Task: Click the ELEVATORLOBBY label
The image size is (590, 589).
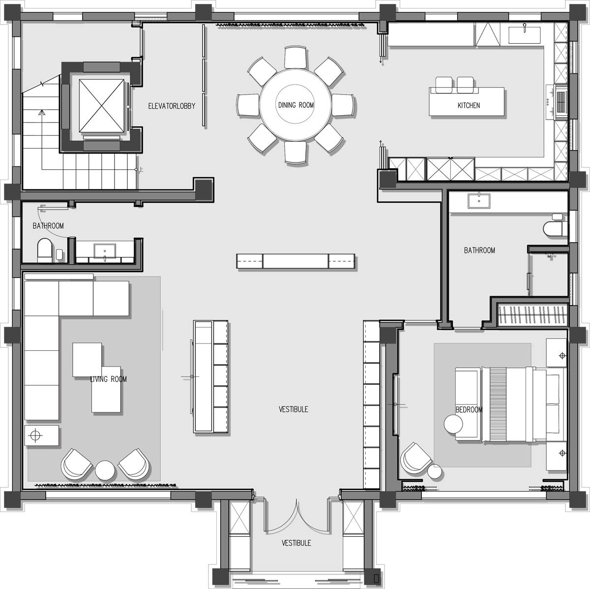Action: pos(172,106)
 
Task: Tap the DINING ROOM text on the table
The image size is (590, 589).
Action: pos(296,105)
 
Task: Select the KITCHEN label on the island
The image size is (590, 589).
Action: pos(469,105)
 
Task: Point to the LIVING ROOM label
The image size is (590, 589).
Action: pos(108,379)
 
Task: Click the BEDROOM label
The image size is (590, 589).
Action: pos(469,410)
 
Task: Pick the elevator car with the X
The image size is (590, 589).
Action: pos(102,106)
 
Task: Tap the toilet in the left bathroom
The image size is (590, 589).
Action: pos(45,250)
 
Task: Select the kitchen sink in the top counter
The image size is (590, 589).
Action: pos(525,35)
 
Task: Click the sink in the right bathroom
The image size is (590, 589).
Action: pos(478,201)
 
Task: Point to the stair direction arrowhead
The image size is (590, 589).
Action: pos(41,112)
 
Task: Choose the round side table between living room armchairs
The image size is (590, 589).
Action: pos(105,470)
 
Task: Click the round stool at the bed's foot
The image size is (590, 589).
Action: pos(453,424)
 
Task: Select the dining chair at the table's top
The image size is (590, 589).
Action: pos(295,57)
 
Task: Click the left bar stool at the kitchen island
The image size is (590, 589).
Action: pos(444,85)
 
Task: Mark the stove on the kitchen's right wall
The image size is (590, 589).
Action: pos(561,102)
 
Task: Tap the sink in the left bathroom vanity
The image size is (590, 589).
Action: pos(105,251)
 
